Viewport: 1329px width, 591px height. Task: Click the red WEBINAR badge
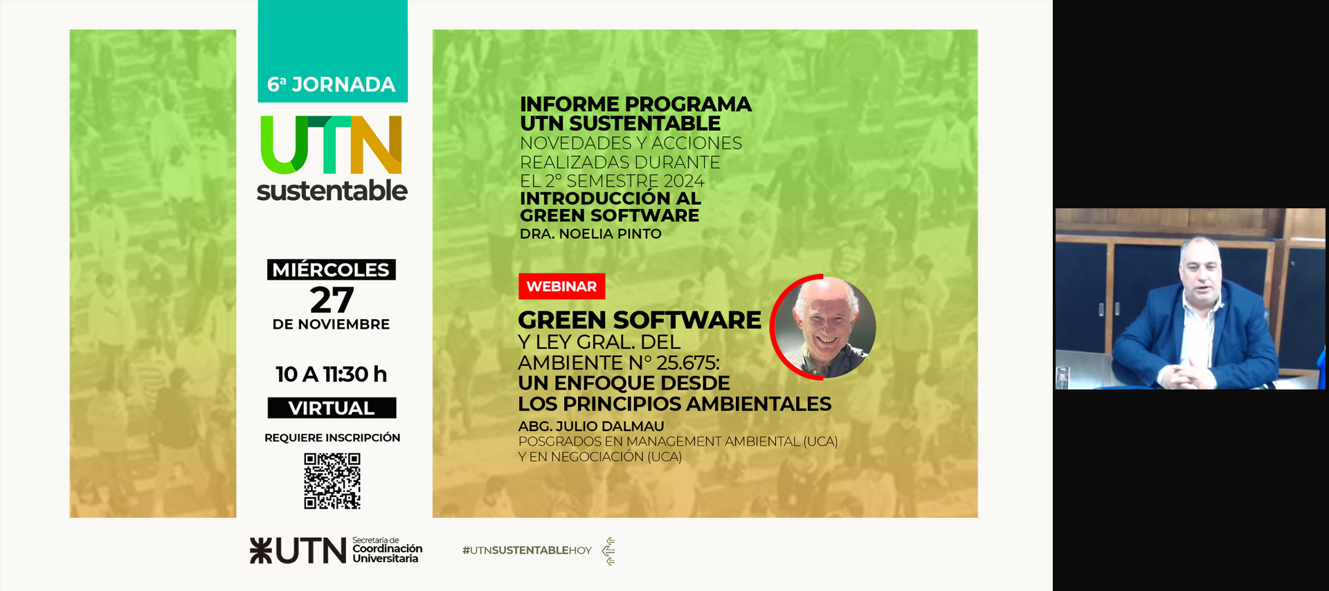561,287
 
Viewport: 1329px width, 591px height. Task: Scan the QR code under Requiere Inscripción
332,481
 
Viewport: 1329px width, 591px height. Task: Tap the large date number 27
332,300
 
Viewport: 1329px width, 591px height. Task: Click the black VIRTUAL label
332,408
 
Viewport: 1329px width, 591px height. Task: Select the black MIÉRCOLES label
332,270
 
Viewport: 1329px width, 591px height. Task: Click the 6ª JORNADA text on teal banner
332,84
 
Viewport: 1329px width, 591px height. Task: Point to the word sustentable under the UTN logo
332,190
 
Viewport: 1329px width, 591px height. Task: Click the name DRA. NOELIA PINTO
590,234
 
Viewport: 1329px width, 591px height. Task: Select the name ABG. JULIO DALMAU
591,426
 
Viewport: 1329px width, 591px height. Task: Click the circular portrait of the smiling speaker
824,327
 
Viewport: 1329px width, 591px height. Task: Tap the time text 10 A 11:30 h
332,374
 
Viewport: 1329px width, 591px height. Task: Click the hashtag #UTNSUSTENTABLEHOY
527,550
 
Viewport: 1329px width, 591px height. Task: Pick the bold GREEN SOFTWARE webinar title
640,320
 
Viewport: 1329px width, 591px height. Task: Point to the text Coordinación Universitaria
388,554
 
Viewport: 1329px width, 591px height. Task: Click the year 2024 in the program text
684,181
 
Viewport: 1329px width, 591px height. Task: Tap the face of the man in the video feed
1202,272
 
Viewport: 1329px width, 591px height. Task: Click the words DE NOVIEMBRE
332,325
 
